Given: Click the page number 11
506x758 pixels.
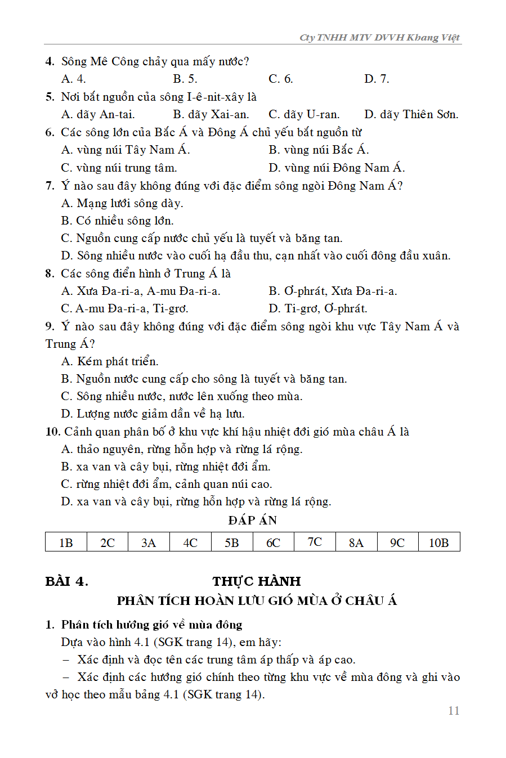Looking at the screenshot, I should click(x=454, y=711).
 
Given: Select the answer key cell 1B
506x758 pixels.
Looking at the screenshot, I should click(x=66, y=542).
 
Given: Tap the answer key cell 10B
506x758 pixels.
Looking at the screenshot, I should click(x=439, y=542).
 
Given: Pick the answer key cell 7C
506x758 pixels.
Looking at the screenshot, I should click(x=315, y=542).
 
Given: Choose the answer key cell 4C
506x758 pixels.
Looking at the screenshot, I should click(x=190, y=542).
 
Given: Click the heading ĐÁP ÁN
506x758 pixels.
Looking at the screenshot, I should click(x=253, y=520).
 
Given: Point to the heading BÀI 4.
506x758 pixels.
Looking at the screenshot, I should click(x=66, y=581).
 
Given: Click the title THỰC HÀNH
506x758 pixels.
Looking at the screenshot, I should click(x=257, y=581).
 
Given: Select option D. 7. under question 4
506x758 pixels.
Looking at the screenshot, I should click(x=377, y=79).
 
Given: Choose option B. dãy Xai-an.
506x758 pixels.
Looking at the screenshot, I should click(x=211, y=114).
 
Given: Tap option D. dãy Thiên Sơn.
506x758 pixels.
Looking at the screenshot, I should click(x=411, y=114).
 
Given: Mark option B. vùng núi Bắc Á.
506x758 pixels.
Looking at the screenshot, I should click(x=319, y=150).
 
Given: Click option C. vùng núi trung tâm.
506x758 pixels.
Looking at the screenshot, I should click(x=119, y=168).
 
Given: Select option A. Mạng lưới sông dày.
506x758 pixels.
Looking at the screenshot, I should click(x=122, y=203).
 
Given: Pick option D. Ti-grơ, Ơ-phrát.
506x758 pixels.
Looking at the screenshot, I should click(x=318, y=308).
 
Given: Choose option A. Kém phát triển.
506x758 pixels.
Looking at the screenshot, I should click(x=110, y=361).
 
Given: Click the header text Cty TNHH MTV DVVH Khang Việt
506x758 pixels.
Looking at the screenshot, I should click(x=379, y=38).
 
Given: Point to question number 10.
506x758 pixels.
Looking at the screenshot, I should click(x=52, y=432).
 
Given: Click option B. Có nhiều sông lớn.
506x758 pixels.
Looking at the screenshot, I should click(x=117, y=221).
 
